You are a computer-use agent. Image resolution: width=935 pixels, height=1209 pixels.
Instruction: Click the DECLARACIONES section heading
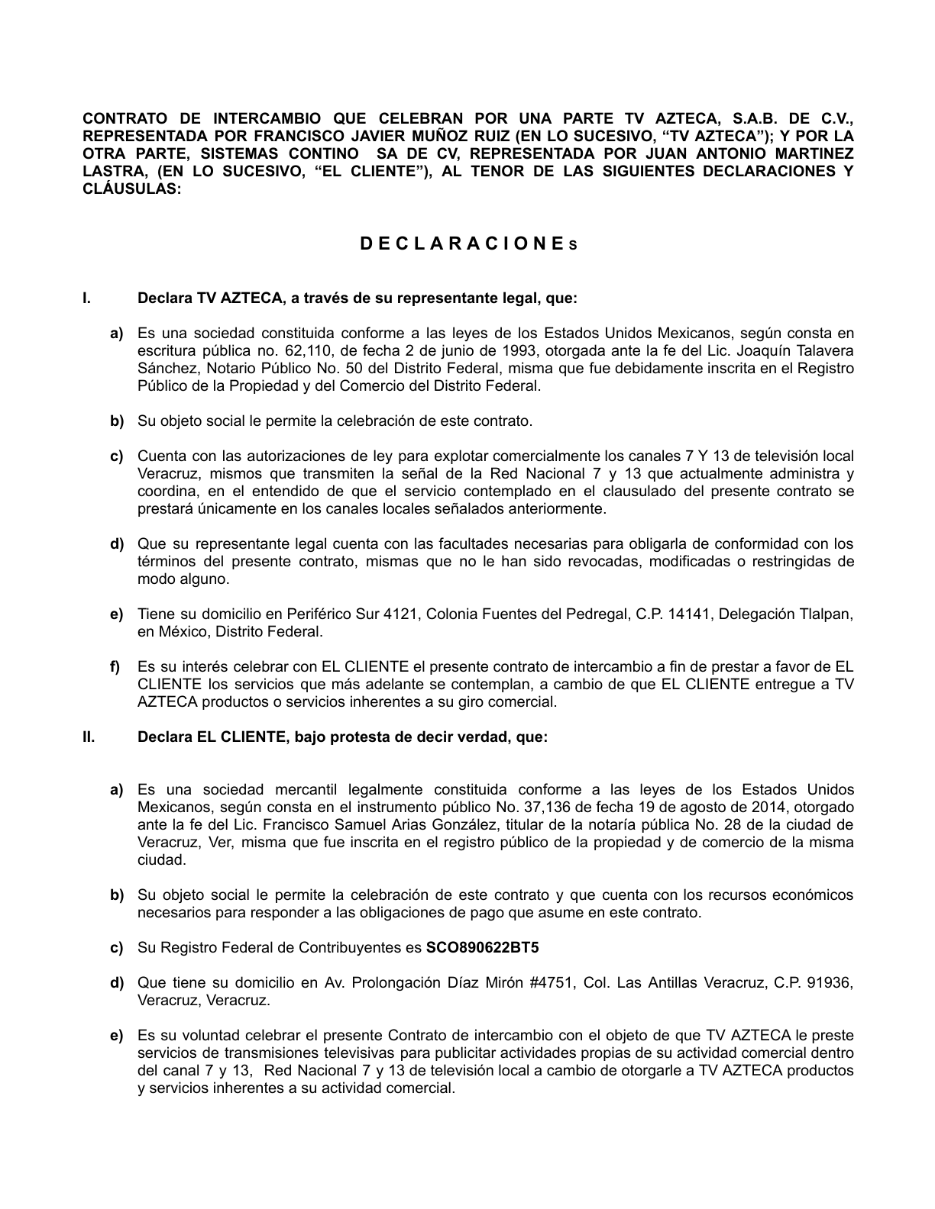pyautogui.click(x=467, y=243)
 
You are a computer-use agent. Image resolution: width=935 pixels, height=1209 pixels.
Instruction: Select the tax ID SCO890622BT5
pyautogui.click(x=482, y=948)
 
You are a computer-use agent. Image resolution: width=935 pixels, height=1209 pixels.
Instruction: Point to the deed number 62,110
pyautogui.click(x=304, y=351)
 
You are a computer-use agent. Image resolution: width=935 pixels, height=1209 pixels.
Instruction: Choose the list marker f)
pyautogui.click(x=116, y=667)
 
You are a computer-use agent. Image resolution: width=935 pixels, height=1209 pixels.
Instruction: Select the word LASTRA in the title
pyautogui.click(x=109, y=171)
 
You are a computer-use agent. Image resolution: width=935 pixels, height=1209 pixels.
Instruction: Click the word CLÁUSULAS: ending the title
pyautogui.click(x=131, y=189)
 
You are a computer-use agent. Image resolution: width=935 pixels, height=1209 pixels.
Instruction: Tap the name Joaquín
pyautogui.click(x=741, y=351)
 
